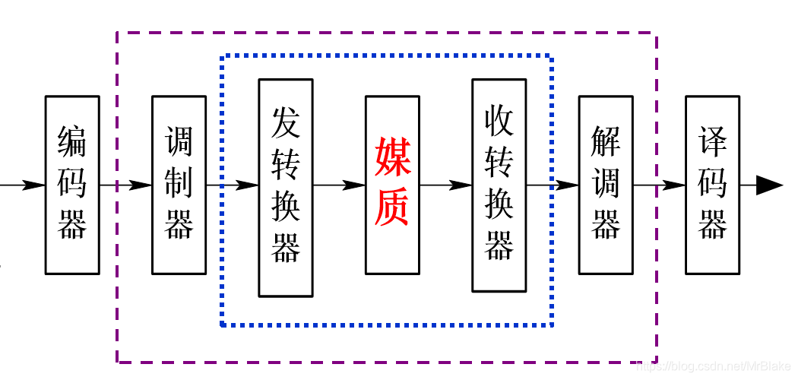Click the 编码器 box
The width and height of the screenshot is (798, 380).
pos(72,185)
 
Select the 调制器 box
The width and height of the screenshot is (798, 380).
pos(179,185)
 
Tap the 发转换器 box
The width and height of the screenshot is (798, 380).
pos(285,187)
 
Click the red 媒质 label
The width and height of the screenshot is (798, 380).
pos(392,182)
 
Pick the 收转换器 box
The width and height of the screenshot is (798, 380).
pos(499,185)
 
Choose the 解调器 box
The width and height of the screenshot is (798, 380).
pos(606,185)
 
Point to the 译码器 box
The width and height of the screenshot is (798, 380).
pos(712,185)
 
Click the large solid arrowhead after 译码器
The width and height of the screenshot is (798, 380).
pos(769,185)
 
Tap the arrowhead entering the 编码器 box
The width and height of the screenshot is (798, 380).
pos(34,185)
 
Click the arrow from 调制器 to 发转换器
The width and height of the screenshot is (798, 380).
pos(236,185)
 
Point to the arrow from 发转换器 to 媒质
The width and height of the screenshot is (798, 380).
pos(342,185)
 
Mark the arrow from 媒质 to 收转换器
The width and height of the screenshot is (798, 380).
pos(448,185)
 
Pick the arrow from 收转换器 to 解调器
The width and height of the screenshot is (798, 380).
pos(555,185)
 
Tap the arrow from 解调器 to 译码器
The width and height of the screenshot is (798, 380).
pos(661,185)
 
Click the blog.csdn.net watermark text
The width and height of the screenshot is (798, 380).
pos(714,368)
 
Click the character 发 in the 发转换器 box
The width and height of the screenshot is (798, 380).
pos(285,122)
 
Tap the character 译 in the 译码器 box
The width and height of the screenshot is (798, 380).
pos(712,141)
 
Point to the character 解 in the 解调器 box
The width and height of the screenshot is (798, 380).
pos(606,141)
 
